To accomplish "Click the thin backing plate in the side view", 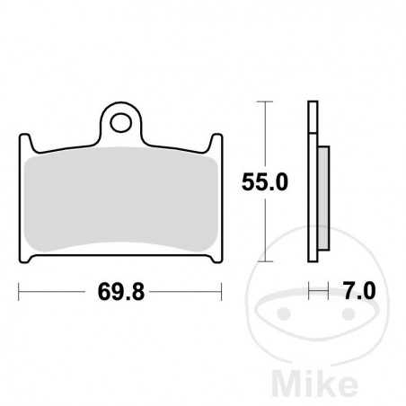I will pyautogui.click(x=312, y=180).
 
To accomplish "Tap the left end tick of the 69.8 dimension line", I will pyautogui.click(x=19, y=292).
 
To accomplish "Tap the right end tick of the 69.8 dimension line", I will pyautogui.click(x=222, y=292).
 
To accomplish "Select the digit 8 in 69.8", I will pyautogui.click(x=141, y=293).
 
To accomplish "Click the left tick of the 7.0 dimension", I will pyautogui.click(x=309, y=292).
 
